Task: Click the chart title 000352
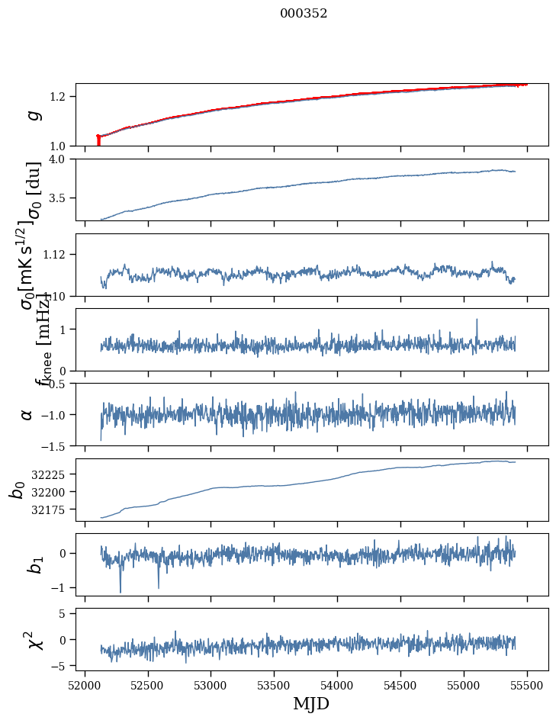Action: (x=304, y=14)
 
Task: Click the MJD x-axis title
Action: (x=311, y=703)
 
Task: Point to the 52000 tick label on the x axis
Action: (x=85, y=684)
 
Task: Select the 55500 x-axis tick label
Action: (x=527, y=684)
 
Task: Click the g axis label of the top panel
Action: (x=32, y=115)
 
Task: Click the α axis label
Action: (x=27, y=414)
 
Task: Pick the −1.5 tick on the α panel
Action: (x=55, y=445)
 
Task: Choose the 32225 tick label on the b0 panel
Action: (x=48, y=474)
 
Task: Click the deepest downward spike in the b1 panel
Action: (x=120, y=592)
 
